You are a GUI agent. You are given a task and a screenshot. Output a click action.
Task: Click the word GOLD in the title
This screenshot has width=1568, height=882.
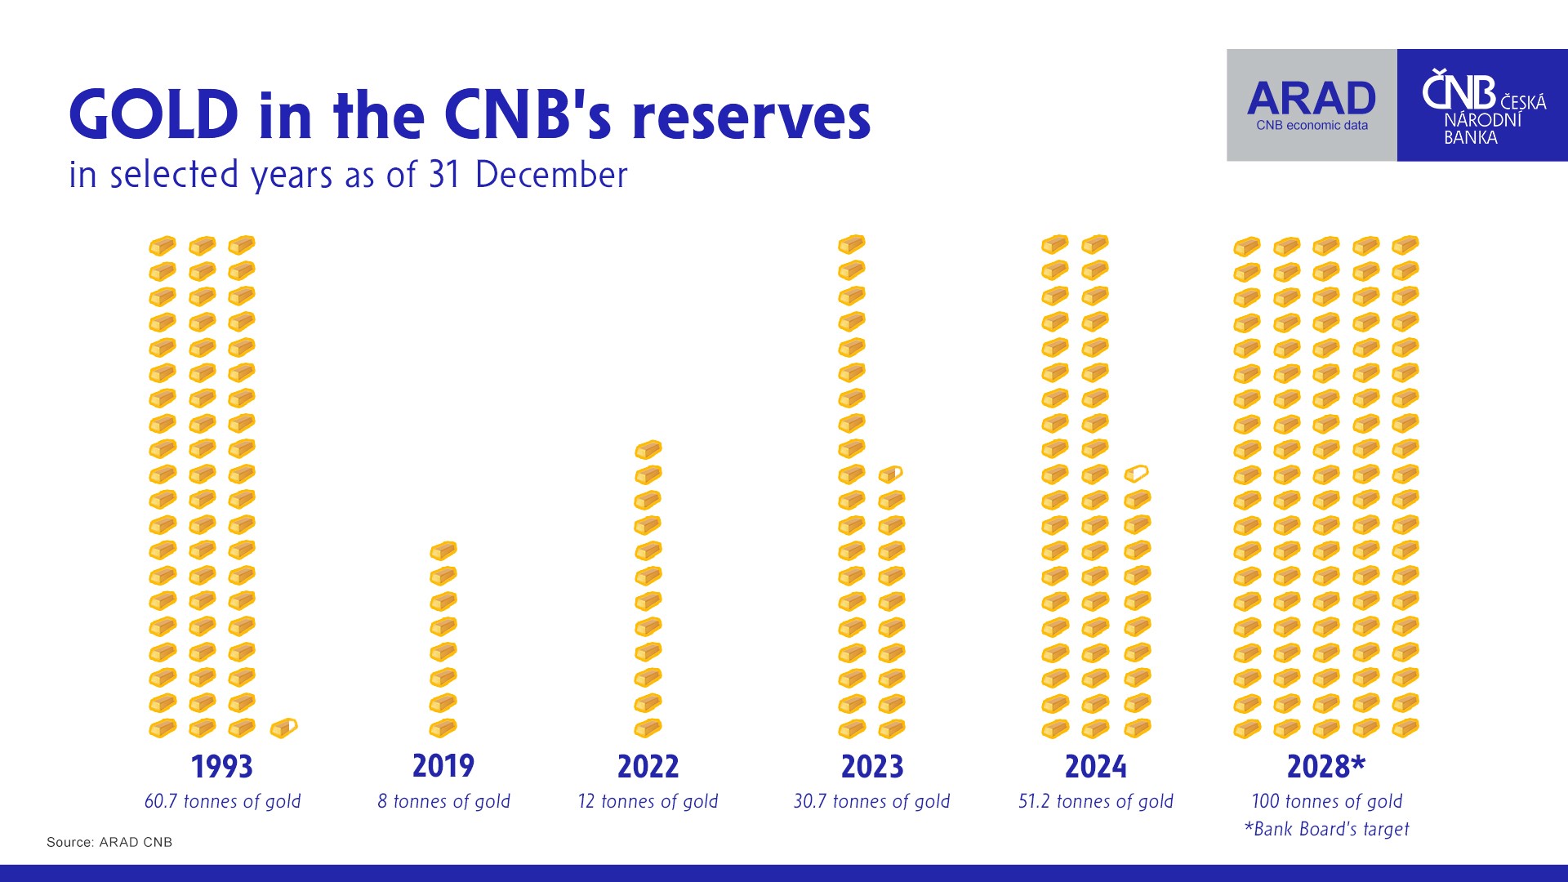pos(154,114)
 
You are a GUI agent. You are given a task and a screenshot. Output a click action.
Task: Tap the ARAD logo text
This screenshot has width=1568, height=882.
pos(1312,99)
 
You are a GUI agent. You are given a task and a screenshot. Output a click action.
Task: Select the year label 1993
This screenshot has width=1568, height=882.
pos(222,767)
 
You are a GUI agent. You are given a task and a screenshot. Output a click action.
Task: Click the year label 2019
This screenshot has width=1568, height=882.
pos(443,766)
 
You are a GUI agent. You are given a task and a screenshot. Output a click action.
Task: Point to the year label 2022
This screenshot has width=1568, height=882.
pos(648,767)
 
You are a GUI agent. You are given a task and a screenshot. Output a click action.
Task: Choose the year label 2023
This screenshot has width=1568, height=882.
pos(872,767)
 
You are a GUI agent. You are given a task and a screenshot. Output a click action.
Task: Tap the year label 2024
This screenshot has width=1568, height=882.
pos(1096,767)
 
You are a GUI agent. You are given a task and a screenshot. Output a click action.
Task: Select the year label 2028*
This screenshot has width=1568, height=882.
pos(1326,766)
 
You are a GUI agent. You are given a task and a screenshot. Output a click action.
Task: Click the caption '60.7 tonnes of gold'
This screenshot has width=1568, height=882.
pos(222,801)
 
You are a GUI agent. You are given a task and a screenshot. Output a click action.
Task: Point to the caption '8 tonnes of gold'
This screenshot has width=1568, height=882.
pos(443,801)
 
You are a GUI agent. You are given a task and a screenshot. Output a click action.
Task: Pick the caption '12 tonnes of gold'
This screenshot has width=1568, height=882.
pos(648,801)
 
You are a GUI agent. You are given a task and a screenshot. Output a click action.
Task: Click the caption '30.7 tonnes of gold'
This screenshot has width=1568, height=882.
pos(872,801)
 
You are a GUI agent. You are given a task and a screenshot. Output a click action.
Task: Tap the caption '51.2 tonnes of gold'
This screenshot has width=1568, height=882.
pos(1096,801)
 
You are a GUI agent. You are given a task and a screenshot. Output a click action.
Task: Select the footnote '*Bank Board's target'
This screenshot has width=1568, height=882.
pos(1327,829)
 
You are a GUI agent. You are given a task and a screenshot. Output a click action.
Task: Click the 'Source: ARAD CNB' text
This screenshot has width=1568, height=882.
pos(109,842)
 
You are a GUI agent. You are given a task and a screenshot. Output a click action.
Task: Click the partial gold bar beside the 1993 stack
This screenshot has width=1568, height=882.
pos(283,727)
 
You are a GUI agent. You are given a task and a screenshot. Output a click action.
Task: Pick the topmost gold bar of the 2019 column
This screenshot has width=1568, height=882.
pos(443,550)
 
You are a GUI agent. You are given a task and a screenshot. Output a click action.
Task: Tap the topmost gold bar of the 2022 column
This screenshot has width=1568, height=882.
pos(648,449)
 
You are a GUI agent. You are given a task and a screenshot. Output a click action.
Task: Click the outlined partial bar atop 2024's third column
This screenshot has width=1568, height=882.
pos(1137,473)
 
